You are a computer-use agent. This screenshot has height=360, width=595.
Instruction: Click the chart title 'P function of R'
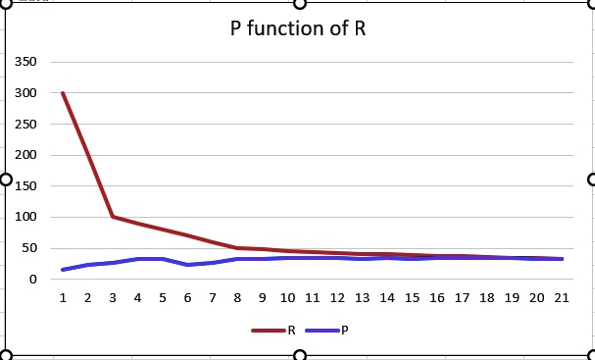[298, 27]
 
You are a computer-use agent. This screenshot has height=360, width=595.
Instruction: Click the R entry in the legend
[290, 330]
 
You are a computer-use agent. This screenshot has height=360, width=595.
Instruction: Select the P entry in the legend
[344, 330]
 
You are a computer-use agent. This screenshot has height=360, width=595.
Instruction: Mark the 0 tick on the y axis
[33, 280]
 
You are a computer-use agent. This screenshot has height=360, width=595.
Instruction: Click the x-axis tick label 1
[63, 297]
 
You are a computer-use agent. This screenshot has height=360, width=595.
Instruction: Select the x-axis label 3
[113, 297]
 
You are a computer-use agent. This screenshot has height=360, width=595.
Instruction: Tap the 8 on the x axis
[237, 297]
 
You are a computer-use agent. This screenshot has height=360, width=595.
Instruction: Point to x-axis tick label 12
[337, 297]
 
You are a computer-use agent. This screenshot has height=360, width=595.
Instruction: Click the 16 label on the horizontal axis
[437, 297]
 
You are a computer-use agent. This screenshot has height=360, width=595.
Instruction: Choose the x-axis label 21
[562, 297]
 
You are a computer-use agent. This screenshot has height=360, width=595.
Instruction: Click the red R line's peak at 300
[63, 93]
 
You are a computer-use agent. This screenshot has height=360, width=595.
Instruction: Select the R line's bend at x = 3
[113, 217]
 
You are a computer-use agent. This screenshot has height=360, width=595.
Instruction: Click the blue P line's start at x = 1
[63, 270]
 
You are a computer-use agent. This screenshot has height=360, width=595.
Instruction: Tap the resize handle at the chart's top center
[299, 2]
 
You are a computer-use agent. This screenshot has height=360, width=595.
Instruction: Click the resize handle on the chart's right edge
[591, 179]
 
